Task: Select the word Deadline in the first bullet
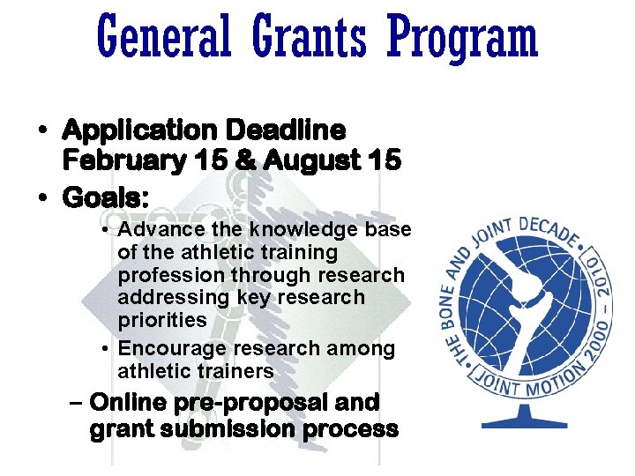(x=286, y=130)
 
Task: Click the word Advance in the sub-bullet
(x=153, y=229)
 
